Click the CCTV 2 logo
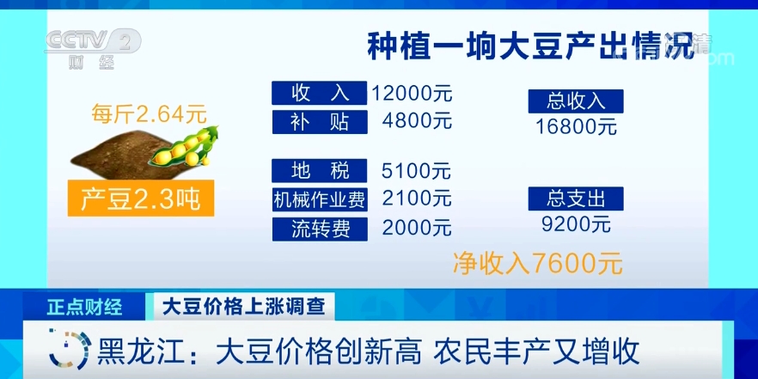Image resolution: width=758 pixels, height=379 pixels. tap(93, 48)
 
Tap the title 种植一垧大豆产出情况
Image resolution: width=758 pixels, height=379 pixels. tap(531, 46)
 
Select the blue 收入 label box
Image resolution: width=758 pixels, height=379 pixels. tap(319, 93)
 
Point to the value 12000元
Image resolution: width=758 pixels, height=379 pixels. tap(412, 93)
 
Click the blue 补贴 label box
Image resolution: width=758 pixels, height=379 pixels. tap(320, 122)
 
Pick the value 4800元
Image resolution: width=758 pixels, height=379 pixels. tap(417, 121)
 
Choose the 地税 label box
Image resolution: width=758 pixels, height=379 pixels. tap(320, 171)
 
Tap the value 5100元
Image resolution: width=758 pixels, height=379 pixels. tap(416, 171)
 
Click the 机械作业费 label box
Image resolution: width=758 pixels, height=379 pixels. tap(320, 199)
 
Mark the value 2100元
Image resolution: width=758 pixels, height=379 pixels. tap(417, 199)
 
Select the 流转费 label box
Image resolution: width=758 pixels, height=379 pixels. tap(320, 229)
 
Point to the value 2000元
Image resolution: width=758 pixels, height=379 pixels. tap(417, 228)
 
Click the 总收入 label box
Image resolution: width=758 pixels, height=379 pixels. tap(576, 101)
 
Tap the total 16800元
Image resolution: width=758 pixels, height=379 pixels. tap(576, 126)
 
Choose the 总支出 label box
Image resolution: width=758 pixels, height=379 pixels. tap(576, 199)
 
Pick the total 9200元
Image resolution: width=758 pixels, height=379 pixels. tap(576, 223)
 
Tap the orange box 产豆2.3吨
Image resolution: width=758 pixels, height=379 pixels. tap(141, 199)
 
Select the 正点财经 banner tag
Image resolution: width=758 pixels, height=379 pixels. tap(84, 307)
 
